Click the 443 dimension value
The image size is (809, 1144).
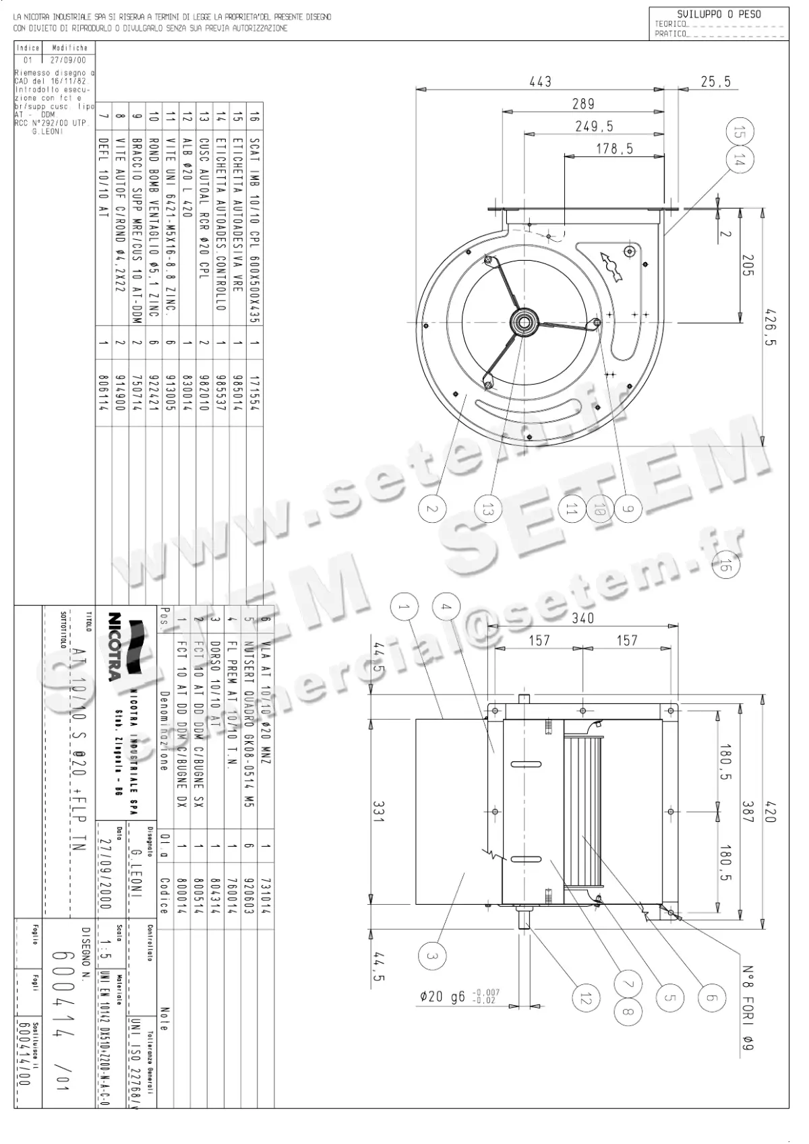(x=540, y=82)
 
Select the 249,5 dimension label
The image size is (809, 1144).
(x=594, y=126)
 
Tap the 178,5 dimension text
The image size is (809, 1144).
(x=614, y=149)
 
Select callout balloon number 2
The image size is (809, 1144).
(x=432, y=509)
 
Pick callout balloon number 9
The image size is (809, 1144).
(x=627, y=509)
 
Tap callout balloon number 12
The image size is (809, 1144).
(x=584, y=998)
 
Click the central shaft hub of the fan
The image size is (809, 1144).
(x=523, y=321)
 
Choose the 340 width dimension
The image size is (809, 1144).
(x=582, y=618)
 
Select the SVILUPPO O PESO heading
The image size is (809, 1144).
(x=719, y=14)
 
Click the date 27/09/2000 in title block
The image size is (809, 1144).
(x=104, y=874)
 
